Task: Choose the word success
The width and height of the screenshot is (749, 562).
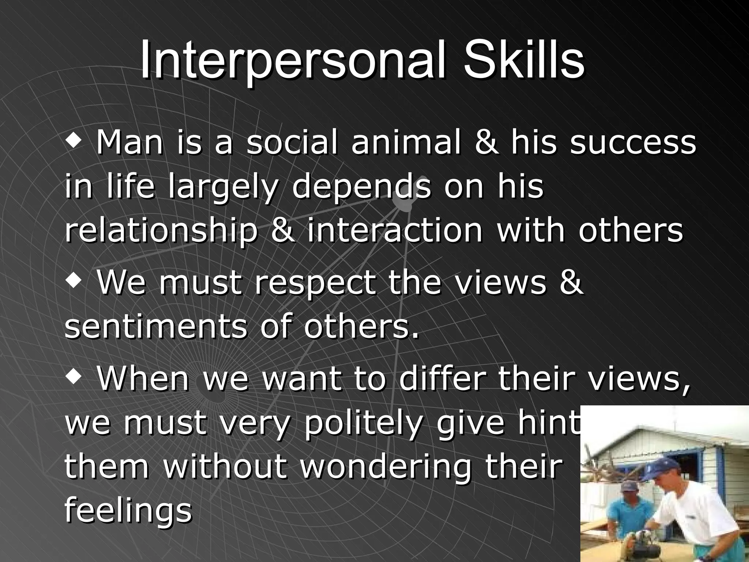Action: (633, 143)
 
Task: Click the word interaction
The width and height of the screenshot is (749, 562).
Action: (395, 231)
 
